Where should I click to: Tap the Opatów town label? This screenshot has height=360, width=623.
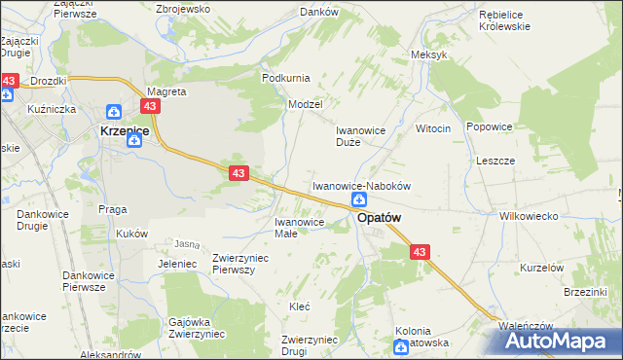point(380,219)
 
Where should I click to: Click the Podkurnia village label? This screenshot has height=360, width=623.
point(286,77)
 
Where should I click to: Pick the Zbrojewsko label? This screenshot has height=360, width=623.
point(184,9)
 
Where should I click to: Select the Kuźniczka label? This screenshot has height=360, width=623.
point(53,109)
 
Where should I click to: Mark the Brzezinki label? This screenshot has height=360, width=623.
point(585,292)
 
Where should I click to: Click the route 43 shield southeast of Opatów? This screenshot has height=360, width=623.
point(420,252)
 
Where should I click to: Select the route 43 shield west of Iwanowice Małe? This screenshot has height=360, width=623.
point(239,173)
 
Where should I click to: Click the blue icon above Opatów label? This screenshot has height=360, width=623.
point(359,199)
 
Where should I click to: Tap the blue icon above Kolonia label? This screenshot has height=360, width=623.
point(401,345)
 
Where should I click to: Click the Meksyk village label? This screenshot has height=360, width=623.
point(429,54)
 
